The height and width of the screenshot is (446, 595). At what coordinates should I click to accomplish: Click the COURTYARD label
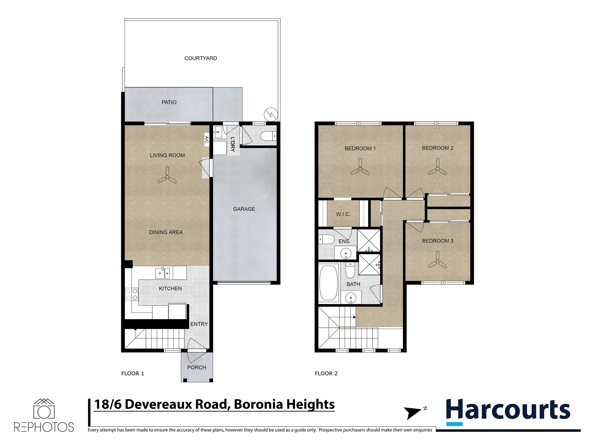[200, 58]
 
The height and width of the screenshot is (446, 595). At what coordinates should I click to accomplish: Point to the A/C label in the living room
[207, 139]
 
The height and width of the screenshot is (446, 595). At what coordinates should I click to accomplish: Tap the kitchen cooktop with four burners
[132, 294]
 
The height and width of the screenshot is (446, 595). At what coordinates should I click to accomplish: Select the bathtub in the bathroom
[328, 283]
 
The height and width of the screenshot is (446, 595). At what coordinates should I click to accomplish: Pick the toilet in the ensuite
[326, 239]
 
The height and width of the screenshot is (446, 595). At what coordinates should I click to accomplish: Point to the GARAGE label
[244, 209]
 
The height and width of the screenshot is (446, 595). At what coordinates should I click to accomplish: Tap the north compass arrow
[412, 412]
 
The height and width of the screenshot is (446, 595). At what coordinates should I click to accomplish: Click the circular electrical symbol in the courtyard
[271, 115]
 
